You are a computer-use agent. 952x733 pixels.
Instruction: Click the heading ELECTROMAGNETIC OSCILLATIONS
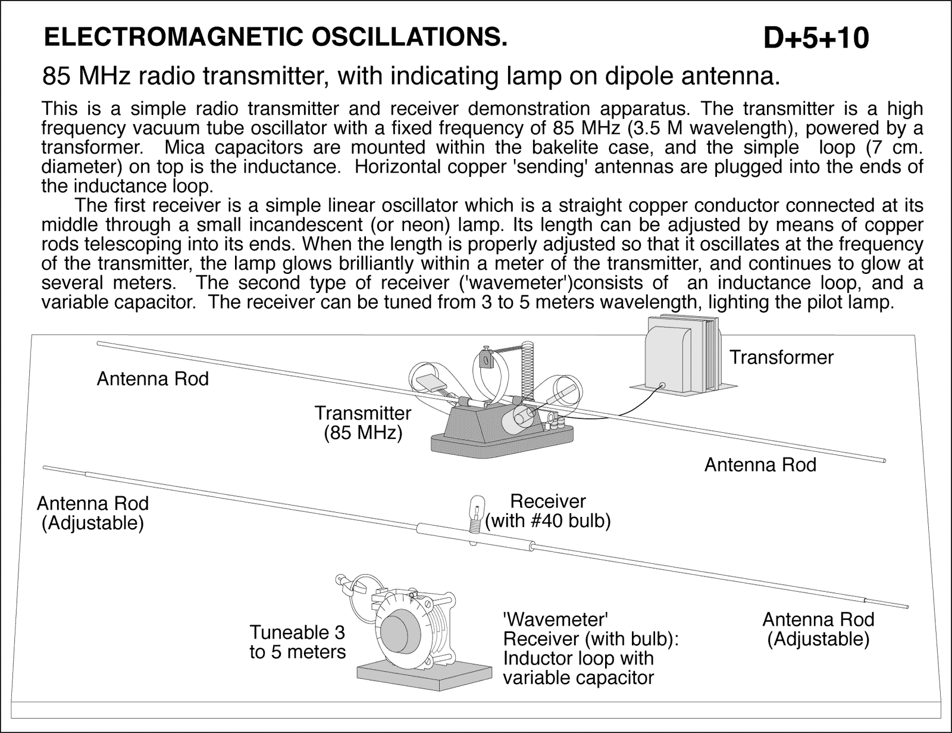(x=276, y=37)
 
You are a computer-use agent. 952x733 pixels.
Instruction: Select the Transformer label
(x=781, y=357)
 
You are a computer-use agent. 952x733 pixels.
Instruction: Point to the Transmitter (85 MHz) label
(x=363, y=422)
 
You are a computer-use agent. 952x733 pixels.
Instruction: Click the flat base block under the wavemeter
(x=425, y=676)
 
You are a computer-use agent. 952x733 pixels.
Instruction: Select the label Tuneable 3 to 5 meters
(x=297, y=641)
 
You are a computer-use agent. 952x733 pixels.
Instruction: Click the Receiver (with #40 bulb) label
(x=548, y=511)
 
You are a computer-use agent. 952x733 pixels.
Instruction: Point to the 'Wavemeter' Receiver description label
(x=591, y=648)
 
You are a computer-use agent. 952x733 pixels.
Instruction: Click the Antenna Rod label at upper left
(x=153, y=379)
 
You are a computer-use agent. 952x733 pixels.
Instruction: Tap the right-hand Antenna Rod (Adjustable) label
(x=818, y=629)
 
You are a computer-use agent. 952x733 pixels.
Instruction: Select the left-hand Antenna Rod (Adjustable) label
(x=93, y=513)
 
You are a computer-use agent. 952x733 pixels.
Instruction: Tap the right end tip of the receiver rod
(x=907, y=606)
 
